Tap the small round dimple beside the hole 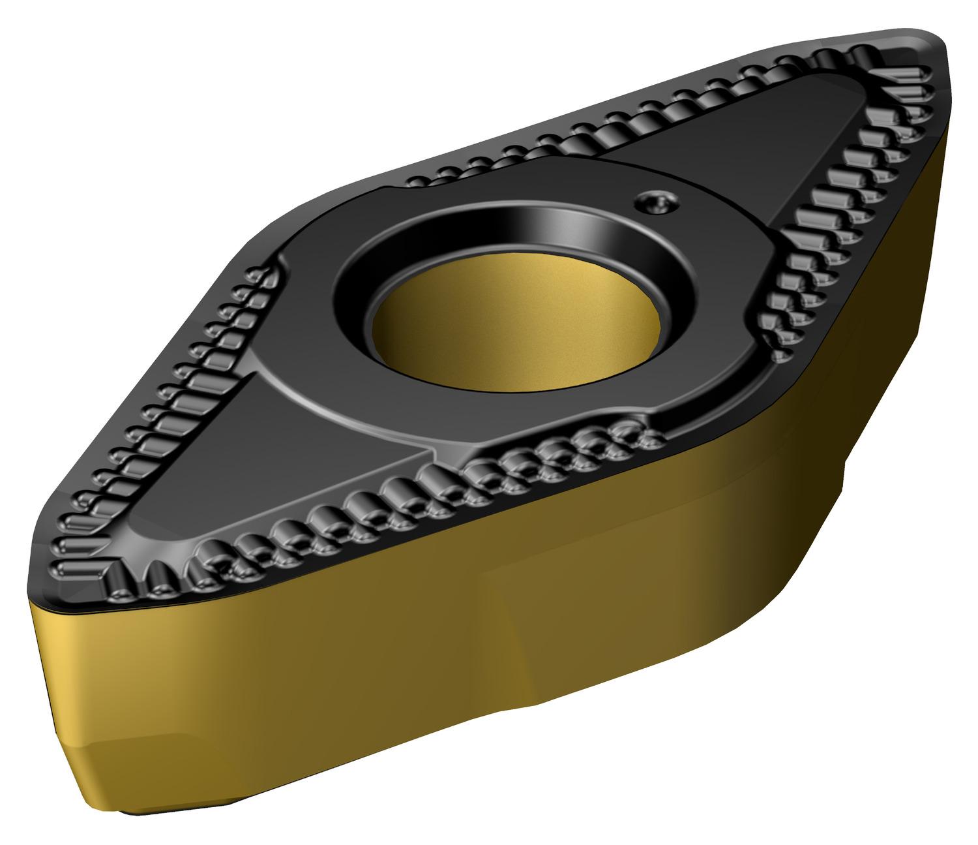click(657, 202)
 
